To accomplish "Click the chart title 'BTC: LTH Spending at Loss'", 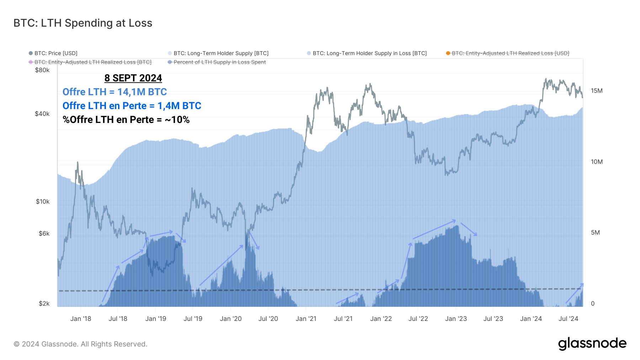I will (83, 23).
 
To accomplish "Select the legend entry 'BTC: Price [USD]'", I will (55, 53).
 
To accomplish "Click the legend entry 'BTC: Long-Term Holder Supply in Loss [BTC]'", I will (369, 53).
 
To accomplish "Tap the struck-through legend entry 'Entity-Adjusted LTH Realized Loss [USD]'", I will (510, 53).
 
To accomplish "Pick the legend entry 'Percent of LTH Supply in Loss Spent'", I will (219, 62).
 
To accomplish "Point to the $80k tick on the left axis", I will (42, 70).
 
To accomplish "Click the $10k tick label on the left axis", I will (43, 202).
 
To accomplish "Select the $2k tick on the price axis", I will (44, 303).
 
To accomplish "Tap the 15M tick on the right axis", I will (597, 91).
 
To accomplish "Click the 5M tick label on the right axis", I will (595, 232).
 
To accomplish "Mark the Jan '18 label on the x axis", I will (81, 319).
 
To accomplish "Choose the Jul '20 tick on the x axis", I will (268, 319).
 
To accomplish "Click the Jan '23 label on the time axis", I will (456, 319).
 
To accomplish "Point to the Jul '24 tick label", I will (568, 319).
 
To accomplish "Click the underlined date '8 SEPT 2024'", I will (133, 78).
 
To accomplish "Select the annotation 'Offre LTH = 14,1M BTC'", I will (114, 92).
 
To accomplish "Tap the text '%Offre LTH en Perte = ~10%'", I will (126, 120).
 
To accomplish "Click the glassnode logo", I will (592, 343).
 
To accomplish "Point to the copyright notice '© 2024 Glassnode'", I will (80, 344).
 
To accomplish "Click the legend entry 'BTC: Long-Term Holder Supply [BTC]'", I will (221, 53).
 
